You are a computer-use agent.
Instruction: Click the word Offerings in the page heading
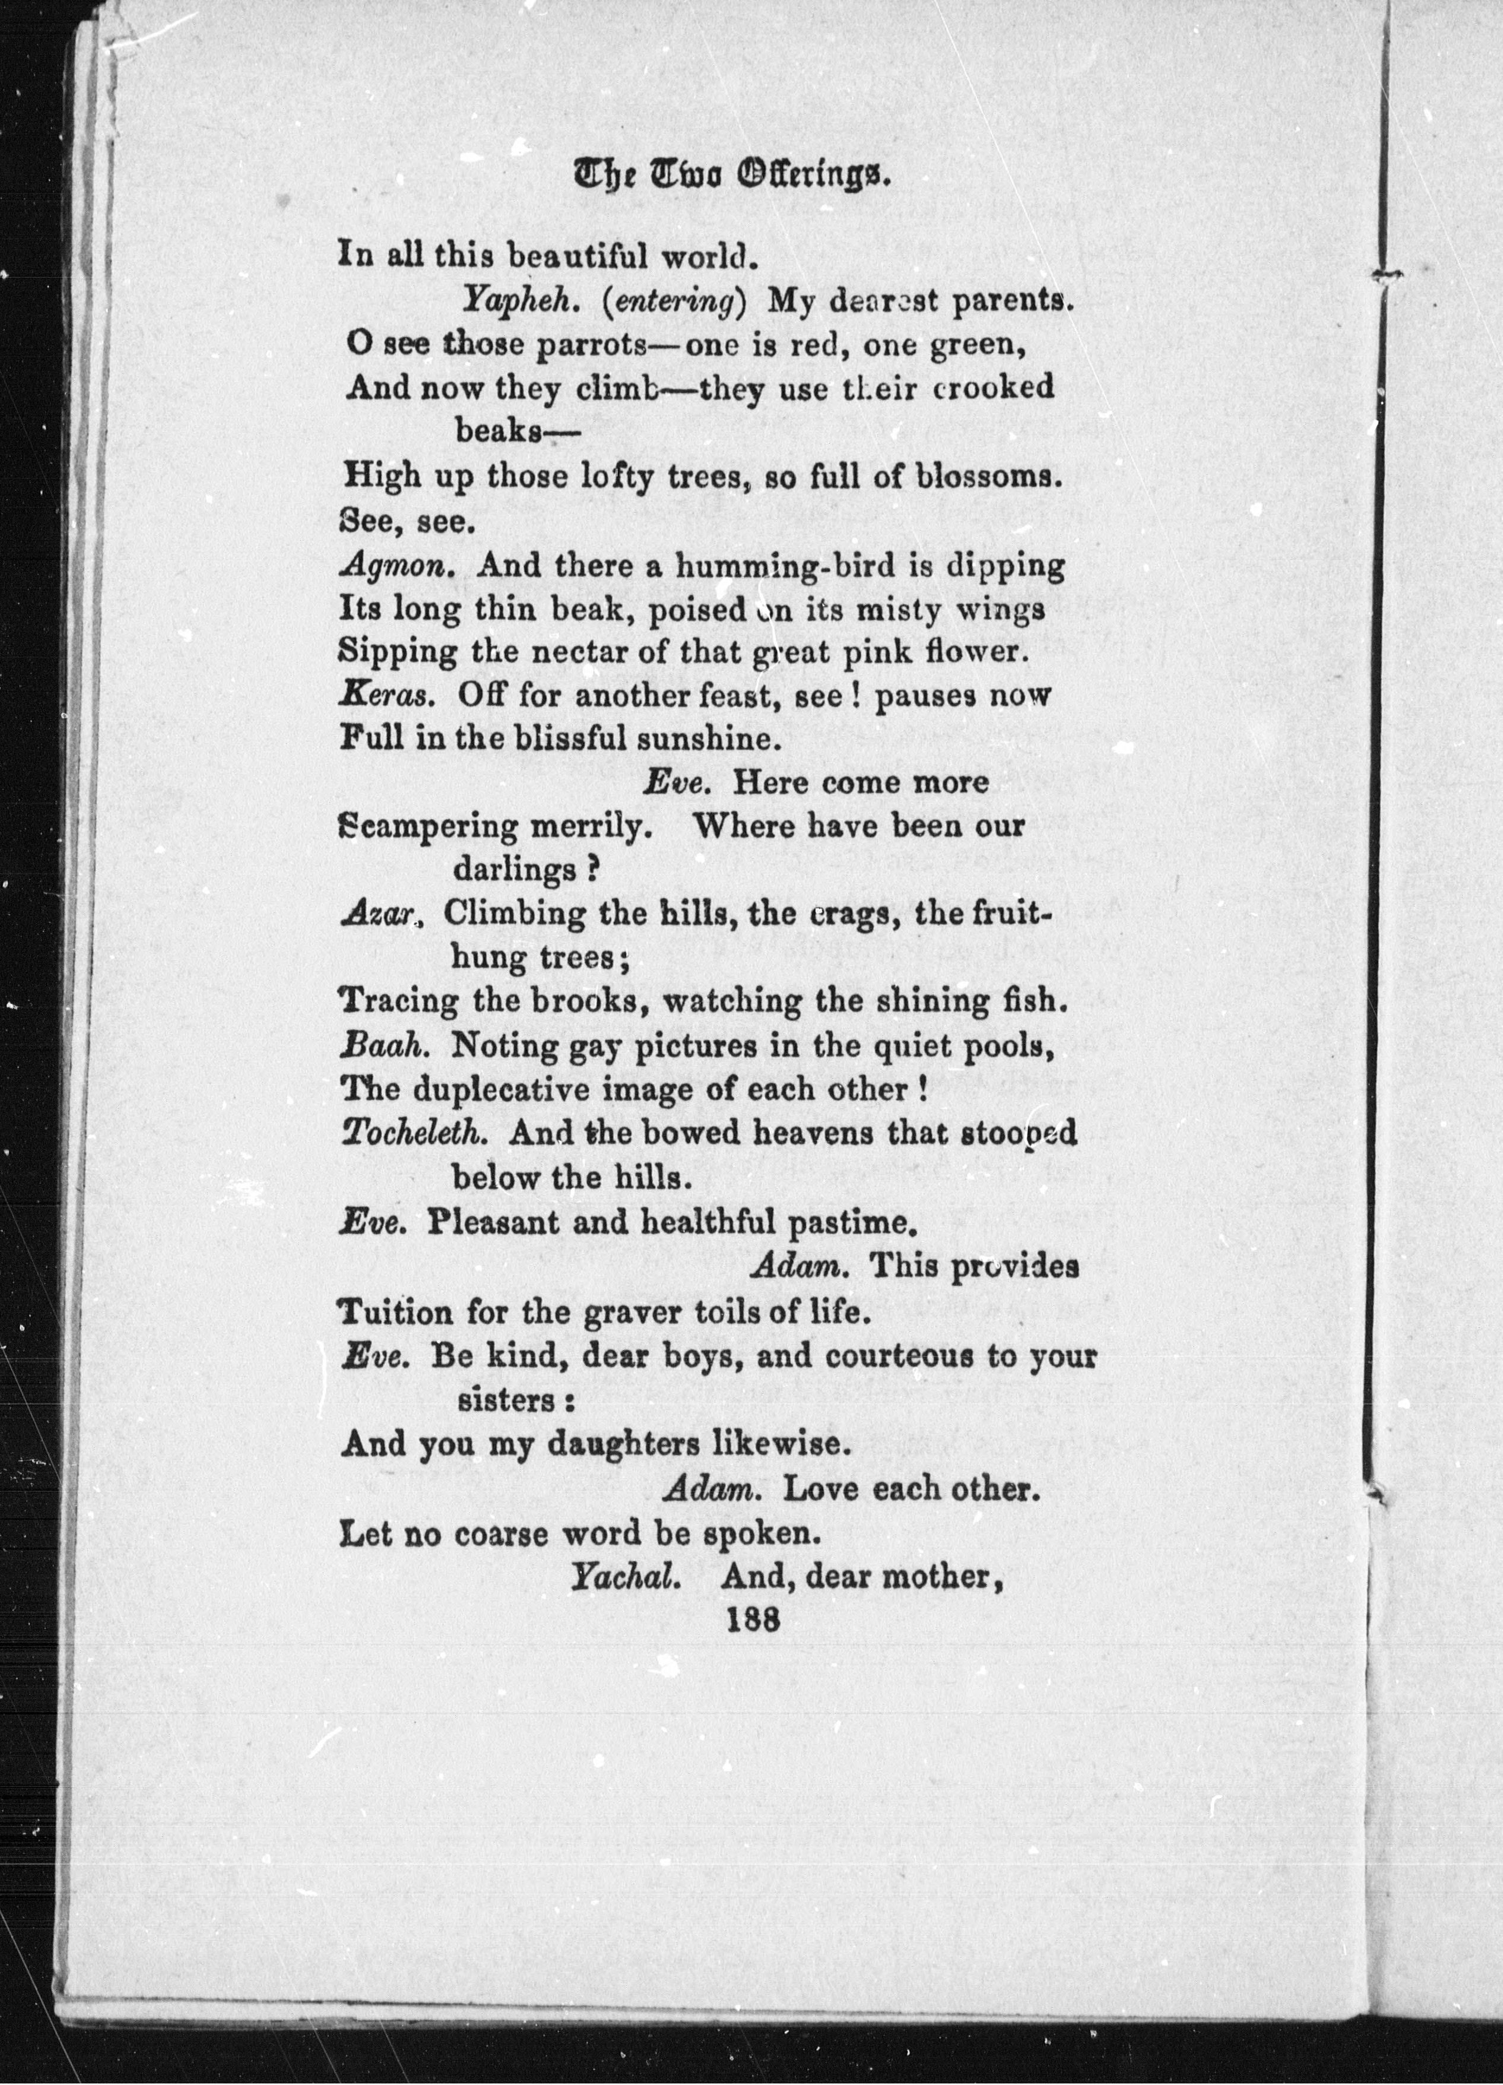(810, 173)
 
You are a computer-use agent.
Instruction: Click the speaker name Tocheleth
(413, 1133)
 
